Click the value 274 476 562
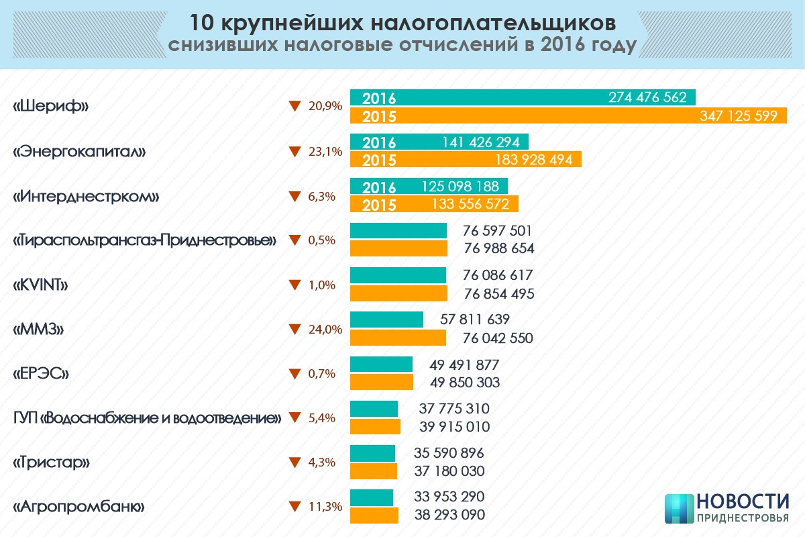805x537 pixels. point(647,97)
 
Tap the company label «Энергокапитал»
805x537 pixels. point(80,152)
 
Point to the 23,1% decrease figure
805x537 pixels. point(325,152)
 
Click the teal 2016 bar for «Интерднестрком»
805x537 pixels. point(429,187)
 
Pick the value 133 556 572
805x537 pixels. point(466,204)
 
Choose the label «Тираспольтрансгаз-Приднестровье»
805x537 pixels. point(145,240)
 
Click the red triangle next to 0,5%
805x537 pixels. point(293,240)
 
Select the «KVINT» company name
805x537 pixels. point(42,285)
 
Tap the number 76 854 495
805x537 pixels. point(498,293)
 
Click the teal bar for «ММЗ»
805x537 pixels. point(386,320)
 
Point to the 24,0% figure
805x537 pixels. point(325,330)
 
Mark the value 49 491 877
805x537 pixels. point(464,364)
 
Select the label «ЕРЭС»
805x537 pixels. point(42,374)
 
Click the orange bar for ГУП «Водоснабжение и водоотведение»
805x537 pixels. point(375,426)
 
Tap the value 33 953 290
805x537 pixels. point(449,497)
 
